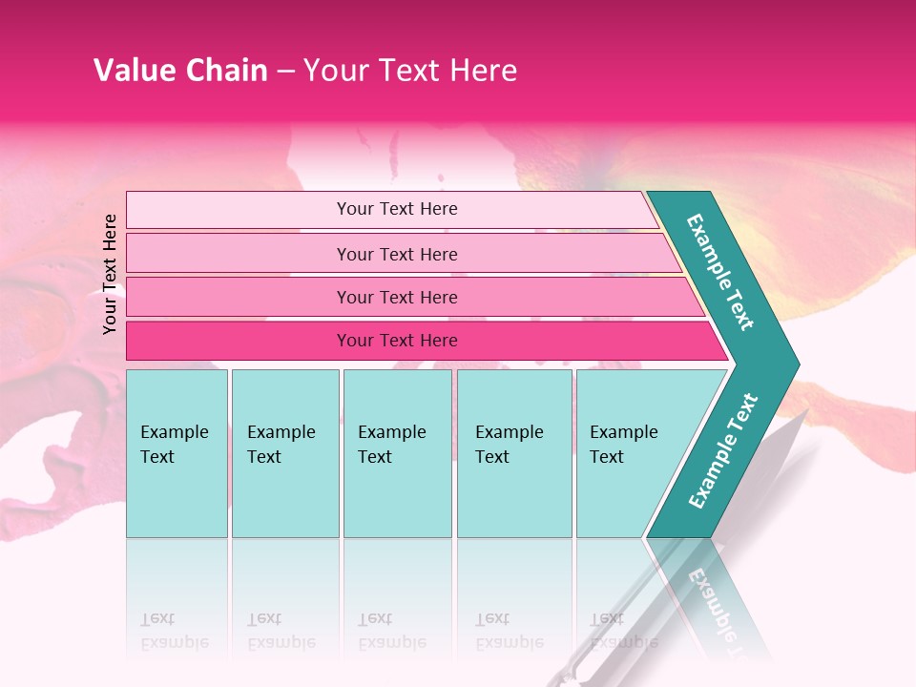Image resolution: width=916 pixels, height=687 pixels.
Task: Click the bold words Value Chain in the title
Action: [180, 71]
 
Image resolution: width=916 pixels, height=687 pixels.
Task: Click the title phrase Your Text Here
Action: [410, 71]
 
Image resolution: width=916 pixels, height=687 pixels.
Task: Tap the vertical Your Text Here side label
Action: [110, 274]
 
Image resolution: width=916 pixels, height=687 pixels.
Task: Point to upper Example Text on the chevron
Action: [720, 272]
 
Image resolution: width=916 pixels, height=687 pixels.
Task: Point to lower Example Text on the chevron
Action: [722, 451]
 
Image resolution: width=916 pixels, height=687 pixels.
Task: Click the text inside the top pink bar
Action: [397, 209]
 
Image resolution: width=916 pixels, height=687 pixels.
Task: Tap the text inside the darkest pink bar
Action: [397, 341]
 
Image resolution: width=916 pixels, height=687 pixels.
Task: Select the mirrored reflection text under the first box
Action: [174, 630]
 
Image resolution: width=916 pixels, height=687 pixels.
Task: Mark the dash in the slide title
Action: [285, 72]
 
